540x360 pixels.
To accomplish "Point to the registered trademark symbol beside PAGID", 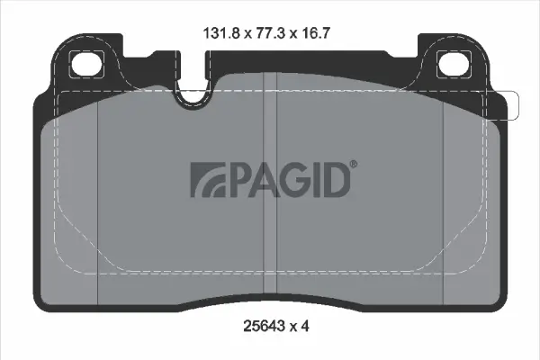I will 353,164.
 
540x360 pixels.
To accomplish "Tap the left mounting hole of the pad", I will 88,65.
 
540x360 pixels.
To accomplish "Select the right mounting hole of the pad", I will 451,65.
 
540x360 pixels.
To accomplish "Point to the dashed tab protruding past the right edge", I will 512,105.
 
